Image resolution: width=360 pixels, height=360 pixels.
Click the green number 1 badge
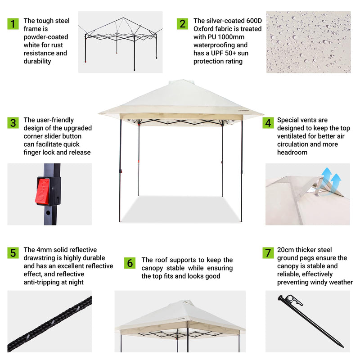click(13, 24)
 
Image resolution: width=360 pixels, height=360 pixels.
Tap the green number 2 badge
click(182, 24)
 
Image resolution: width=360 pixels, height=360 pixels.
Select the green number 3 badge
click(13, 123)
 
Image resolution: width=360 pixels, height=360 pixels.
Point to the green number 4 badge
click(268, 123)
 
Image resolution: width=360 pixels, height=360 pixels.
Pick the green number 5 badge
click(13, 253)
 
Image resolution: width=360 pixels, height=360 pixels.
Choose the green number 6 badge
click(130, 263)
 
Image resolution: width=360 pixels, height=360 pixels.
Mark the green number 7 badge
click(268, 253)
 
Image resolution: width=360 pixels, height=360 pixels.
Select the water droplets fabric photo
click(308, 42)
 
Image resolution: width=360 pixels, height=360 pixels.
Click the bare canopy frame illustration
click(121, 43)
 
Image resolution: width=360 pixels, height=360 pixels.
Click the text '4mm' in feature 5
click(45, 250)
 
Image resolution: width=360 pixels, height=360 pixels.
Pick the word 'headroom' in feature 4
click(292, 153)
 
